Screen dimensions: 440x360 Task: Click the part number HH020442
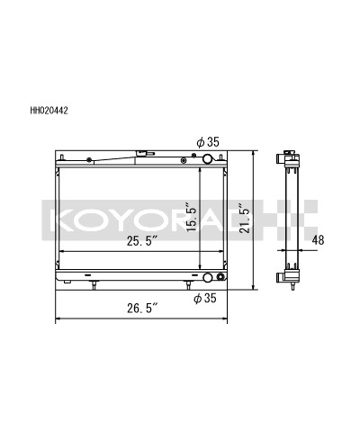50,112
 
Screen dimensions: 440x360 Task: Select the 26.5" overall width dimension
142,309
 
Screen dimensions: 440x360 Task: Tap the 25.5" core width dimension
142,242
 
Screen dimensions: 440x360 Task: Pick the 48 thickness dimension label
319,240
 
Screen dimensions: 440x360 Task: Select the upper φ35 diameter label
210,140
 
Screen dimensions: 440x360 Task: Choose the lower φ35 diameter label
210,297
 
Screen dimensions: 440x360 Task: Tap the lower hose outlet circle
209,278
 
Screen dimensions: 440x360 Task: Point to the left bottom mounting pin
94,286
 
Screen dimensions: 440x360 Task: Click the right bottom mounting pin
187,286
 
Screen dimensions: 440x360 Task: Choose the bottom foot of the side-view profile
290,284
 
